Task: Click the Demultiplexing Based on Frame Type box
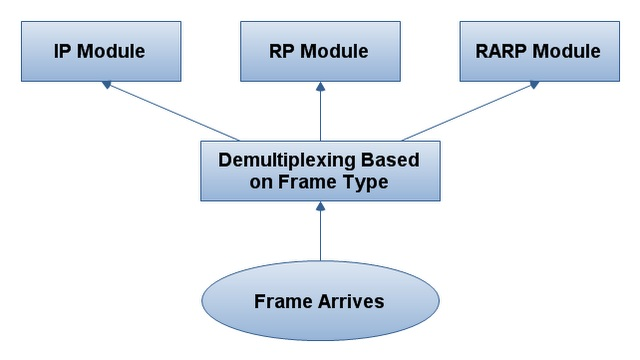319,170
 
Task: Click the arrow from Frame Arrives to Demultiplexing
319,235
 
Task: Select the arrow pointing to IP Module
170,112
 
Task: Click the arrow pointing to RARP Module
470,112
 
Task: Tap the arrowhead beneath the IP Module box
105,87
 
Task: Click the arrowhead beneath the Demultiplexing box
319,206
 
